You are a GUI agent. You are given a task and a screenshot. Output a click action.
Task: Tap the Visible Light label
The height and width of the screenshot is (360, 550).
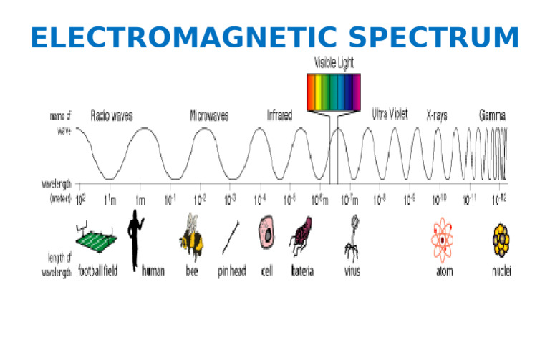tap(334, 63)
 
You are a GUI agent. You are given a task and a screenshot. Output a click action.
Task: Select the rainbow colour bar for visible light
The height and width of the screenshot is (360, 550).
tap(334, 92)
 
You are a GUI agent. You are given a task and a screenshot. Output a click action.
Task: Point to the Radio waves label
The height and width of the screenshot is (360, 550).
tap(111, 115)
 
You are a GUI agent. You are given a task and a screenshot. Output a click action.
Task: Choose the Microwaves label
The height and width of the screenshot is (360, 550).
tap(209, 115)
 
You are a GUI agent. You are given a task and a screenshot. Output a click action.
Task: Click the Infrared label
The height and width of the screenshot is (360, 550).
tap(279, 115)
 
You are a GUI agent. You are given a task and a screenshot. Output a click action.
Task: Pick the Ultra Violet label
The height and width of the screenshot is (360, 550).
tap(390, 114)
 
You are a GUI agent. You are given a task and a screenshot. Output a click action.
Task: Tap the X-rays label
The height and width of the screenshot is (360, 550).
tap(437, 115)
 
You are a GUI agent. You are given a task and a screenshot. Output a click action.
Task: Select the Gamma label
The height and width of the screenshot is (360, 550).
tap(492, 115)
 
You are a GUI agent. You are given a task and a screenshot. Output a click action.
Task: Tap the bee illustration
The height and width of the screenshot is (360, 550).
tap(191, 235)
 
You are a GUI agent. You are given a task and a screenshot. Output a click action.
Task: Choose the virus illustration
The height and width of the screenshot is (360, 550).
tap(352, 237)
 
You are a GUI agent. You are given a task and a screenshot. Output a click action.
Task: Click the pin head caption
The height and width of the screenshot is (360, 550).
tap(231, 272)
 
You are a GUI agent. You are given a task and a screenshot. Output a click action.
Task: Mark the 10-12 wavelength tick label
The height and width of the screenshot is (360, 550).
tap(499, 200)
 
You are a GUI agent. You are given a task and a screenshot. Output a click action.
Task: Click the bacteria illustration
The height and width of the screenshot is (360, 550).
tap(301, 237)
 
